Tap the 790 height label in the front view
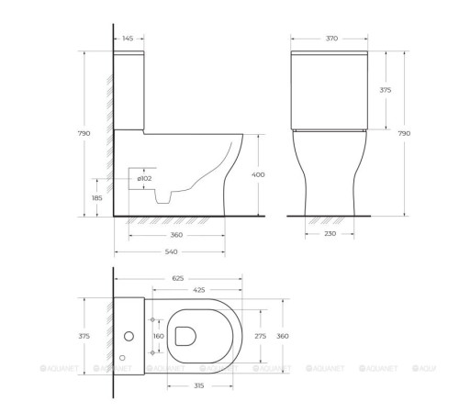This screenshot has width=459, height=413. click(404, 134)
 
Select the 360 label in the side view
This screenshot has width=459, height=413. click(176, 235)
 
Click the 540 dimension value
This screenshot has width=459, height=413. click(171, 251)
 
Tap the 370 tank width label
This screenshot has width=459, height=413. click(331, 39)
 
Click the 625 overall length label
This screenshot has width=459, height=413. click(179, 277)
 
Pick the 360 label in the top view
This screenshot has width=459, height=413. click(283, 337)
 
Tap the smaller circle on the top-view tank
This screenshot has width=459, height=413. click(123, 357)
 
